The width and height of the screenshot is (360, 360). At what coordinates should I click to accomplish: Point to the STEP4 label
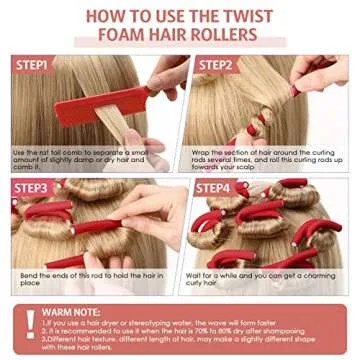click(213, 186)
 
